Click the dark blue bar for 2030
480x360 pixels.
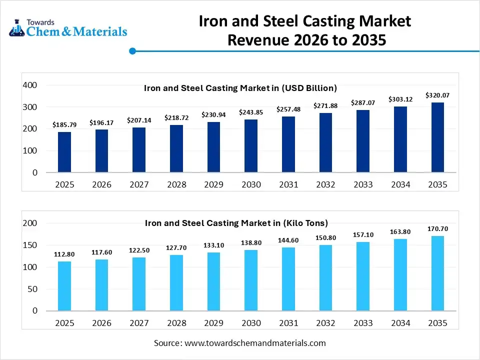point(251,146)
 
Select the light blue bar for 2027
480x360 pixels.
point(139,284)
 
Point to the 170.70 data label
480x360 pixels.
point(437,229)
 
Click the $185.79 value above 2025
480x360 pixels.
point(64,124)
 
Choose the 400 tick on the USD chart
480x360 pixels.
point(30,85)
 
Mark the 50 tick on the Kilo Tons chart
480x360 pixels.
point(32,289)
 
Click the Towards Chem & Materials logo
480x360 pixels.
point(68,28)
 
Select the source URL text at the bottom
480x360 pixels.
point(240,343)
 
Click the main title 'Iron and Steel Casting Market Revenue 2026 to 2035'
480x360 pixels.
point(305,30)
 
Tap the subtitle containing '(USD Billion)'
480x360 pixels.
point(240,88)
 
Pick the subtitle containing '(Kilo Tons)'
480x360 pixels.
point(236,223)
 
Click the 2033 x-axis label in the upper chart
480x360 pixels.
point(363,184)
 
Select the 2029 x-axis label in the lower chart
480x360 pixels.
point(213,323)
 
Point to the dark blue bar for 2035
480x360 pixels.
point(437,137)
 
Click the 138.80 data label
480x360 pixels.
point(251,242)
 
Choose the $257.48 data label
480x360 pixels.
point(288,109)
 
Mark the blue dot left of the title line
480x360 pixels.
point(132,51)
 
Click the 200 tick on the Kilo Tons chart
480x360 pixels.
point(30,223)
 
